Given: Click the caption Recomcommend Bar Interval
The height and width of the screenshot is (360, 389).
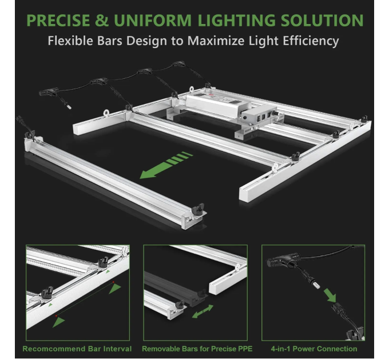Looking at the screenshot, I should [x=77, y=349].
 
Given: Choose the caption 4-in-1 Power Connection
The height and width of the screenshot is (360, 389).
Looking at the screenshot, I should [x=315, y=349].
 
